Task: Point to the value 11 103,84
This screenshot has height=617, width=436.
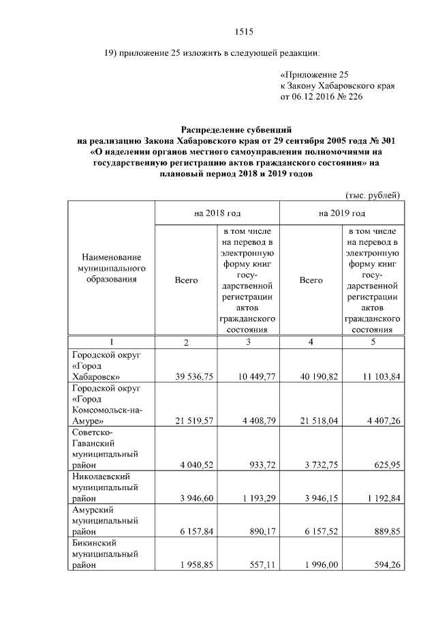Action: coord(375,376)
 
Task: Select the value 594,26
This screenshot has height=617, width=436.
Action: coord(383,565)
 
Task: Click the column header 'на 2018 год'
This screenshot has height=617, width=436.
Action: coord(217,213)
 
